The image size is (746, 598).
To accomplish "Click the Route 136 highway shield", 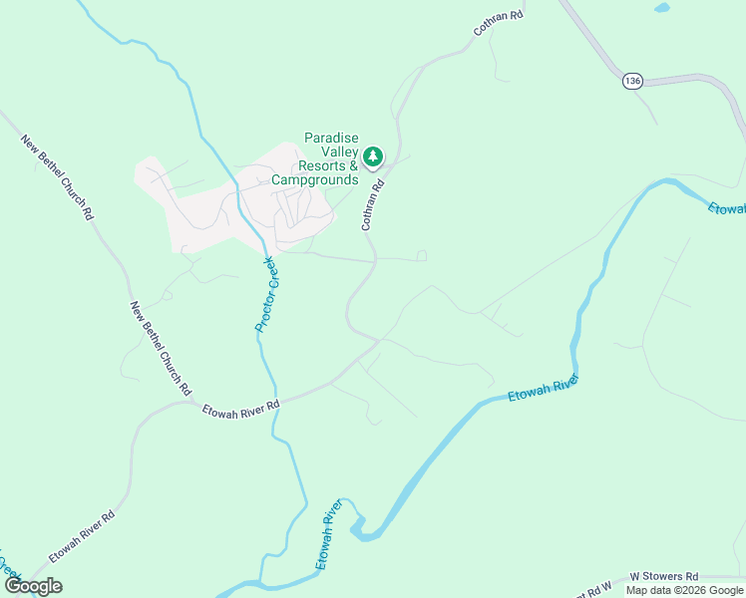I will tap(630, 80).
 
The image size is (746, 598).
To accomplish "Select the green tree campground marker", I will tap(373, 156).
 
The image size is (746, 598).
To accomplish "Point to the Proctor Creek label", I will tap(264, 294).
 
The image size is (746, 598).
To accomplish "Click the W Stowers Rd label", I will tap(663, 577).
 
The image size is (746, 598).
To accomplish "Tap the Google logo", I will tap(34, 586).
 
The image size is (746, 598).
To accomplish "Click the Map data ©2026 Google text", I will tap(683, 590).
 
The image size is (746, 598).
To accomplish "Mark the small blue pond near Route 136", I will tap(661, 8).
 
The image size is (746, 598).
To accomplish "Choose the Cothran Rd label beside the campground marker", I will tap(373, 204).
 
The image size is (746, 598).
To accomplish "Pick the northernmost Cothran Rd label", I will tap(498, 23).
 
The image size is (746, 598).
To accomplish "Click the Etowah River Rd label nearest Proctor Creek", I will tap(240, 409).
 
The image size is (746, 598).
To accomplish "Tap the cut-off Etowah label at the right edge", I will tap(727, 208).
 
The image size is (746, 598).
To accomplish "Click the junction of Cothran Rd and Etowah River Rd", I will tap(377, 341).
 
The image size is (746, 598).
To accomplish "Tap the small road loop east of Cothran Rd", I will tap(422, 256).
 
